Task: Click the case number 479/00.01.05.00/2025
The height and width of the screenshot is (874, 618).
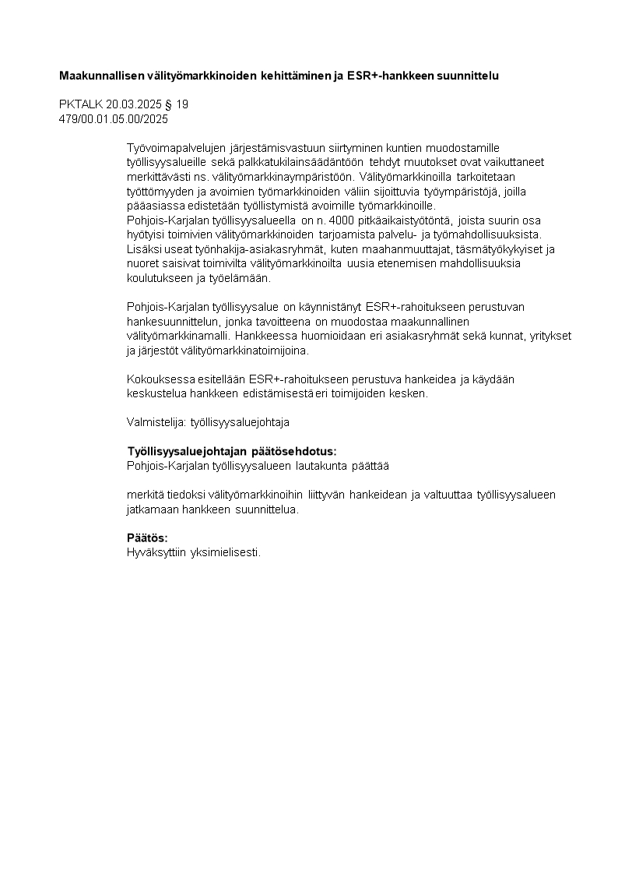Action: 114,119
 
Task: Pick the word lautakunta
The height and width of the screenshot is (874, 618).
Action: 326,466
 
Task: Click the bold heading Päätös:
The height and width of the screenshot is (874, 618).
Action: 147,538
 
